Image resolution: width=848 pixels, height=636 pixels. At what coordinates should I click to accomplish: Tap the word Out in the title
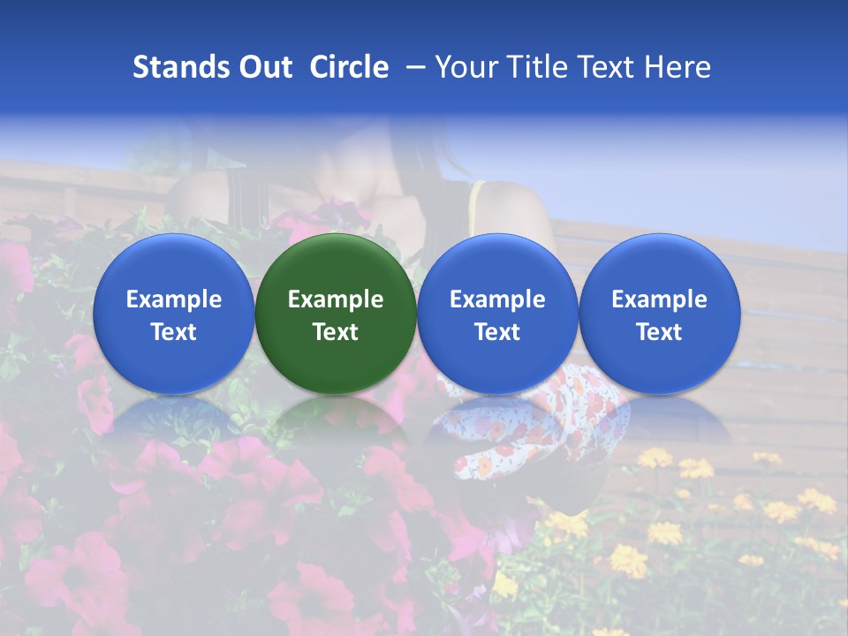tap(263, 67)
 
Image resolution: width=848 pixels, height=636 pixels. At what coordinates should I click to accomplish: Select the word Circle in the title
tap(349, 67)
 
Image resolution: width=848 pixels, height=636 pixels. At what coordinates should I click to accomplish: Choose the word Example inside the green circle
tap(336, 299)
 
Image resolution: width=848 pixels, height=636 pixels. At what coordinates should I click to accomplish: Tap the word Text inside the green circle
tap(336, 332)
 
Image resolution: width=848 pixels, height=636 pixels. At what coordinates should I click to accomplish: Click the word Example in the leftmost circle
tap(174, 299)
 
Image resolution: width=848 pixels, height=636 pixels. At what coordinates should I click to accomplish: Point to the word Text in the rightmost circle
tap(660, 332)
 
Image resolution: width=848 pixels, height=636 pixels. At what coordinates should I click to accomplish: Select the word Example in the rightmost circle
tap(660, 299)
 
